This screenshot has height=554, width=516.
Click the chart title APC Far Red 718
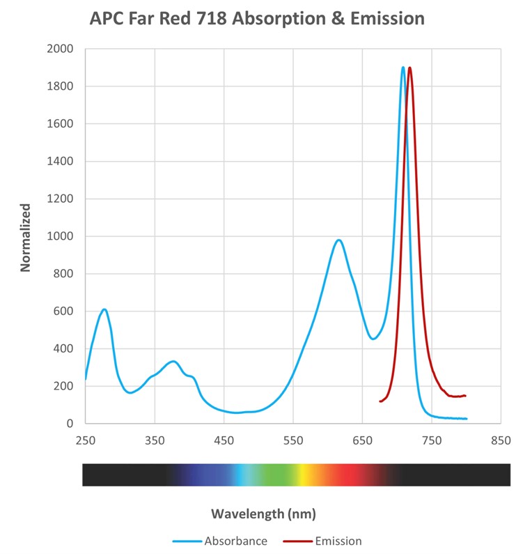coord(257,19)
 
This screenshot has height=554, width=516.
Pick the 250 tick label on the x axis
coord(86,440)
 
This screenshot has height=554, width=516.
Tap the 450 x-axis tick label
coord(224,440)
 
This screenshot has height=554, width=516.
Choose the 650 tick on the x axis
coord(362,440)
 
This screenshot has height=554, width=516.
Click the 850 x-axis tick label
coord(500,440)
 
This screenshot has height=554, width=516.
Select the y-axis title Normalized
coord(26,237)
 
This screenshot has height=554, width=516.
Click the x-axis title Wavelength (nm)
coord(263,514)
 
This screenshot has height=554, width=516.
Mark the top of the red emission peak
coord(409,68)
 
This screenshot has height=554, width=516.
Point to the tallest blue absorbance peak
coord(402,68)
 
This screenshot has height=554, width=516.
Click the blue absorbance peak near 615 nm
coord(338,240)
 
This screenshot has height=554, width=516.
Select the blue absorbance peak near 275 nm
coord(104,309)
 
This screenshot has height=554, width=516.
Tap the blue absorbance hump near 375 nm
coord(173,361)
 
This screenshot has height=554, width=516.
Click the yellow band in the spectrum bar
coord(304,475)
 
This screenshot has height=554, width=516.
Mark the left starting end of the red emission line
coord(380,401)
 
